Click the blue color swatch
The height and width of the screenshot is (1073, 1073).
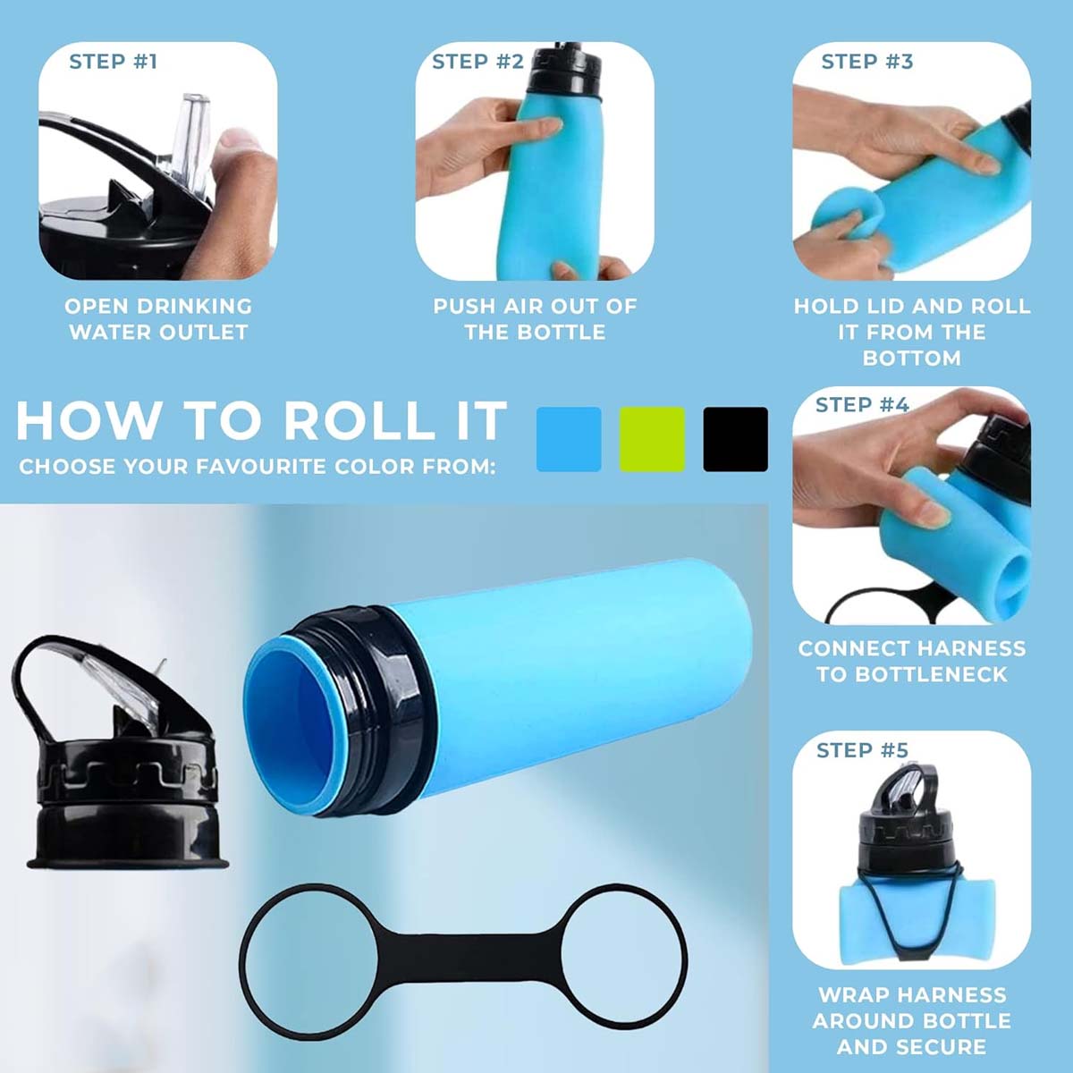[569, 439]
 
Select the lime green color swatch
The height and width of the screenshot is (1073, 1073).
[652, 439]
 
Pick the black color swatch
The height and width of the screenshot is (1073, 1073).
[735, 439]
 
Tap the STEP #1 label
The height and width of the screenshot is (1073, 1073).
[113, 62]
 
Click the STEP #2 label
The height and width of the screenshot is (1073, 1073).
[477, 62]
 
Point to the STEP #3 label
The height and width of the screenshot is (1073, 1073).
[866, 62]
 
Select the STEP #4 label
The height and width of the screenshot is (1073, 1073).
[862, 405]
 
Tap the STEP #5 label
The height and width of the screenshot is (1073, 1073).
[862, 750]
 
